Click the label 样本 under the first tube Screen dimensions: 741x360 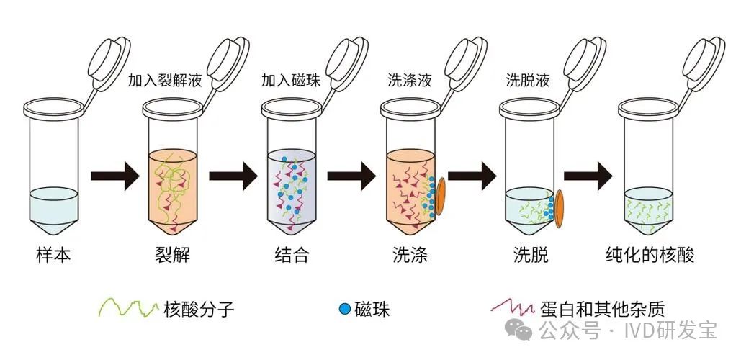coord(53,255)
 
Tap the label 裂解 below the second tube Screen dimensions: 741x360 coord(173,255)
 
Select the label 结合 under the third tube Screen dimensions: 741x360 coord(292,255)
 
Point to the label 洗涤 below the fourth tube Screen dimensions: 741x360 coord(410,255)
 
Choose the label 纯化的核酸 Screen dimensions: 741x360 coord(650,255)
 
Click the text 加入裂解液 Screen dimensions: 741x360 coord(165,81)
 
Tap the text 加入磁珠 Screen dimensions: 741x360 coord(291,81)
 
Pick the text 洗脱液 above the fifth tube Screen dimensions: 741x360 coord(528,81)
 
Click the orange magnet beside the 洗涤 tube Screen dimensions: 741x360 coord(440,197)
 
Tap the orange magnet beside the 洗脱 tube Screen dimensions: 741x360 coord(559,208)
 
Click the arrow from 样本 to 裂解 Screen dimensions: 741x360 coord(114,176)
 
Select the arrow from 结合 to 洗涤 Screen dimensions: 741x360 coord(351,176)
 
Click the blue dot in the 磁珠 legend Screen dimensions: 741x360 coord(345,310)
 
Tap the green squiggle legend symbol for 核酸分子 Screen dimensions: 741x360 coord(128,308)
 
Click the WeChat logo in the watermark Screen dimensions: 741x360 coord(518,329)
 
